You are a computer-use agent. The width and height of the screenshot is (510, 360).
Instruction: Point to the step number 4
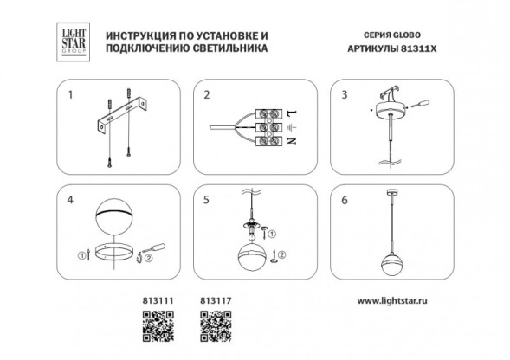[x=74, y=198]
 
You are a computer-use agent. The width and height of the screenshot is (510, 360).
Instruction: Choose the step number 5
[x=207, y=198]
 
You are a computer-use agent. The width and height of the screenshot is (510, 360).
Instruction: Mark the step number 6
[x=342, y=198]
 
